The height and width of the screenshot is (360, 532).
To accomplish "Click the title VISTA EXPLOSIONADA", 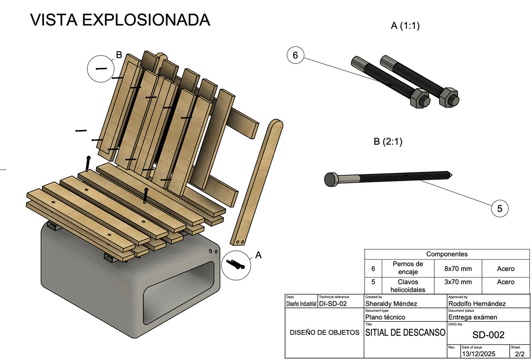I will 120,20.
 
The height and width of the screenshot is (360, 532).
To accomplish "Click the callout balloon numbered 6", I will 295,55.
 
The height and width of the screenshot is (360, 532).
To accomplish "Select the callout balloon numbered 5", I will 500,208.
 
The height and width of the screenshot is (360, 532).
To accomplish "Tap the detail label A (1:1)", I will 405,26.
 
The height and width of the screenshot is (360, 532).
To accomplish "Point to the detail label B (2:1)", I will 388,142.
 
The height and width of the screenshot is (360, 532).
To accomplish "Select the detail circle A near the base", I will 235,264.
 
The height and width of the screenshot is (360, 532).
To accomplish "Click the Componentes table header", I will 447,254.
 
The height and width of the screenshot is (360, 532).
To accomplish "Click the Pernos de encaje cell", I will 408,268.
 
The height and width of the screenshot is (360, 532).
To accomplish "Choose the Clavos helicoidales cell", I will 408,286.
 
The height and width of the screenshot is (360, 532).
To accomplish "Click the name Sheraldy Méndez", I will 391,304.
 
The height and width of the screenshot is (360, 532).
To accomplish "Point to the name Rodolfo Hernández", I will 477,304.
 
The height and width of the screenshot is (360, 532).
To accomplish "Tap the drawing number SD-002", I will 488,335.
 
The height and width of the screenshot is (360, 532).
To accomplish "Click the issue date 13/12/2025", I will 478,354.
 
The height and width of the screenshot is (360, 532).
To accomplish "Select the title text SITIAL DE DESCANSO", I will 405,332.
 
